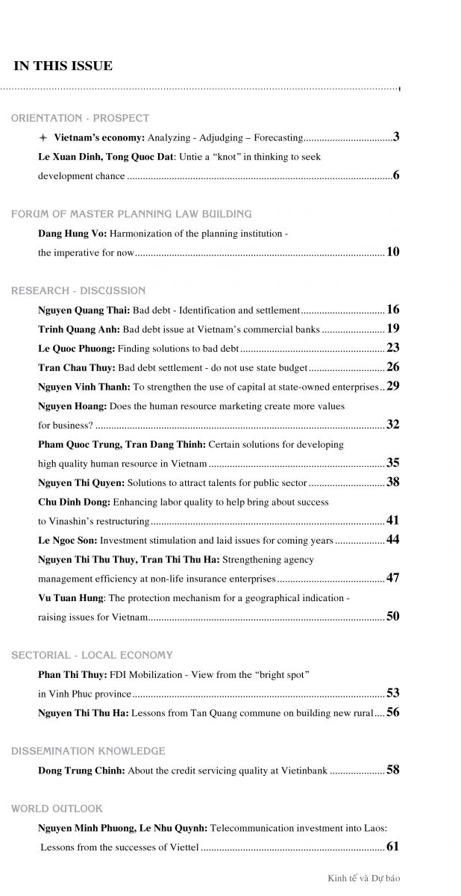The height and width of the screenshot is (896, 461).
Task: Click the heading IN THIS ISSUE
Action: click(63, 66)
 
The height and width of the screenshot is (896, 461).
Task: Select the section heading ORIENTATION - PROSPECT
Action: click(80, 118)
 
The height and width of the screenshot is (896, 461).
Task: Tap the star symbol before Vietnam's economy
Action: click(43, 138)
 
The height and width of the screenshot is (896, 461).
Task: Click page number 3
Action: click(397, 137)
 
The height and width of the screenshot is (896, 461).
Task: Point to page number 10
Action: click(393, 252)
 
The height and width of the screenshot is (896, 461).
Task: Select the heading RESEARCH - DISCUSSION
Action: click(78, 290)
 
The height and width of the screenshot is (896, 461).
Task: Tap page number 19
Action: click(393, 329)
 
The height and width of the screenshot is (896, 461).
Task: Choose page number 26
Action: click(393, 367)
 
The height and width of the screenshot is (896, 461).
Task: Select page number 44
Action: click(393, 539)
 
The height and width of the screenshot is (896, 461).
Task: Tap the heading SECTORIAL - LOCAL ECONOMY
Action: click(92, 656)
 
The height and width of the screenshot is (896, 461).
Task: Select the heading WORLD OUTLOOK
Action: click(57, 809)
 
